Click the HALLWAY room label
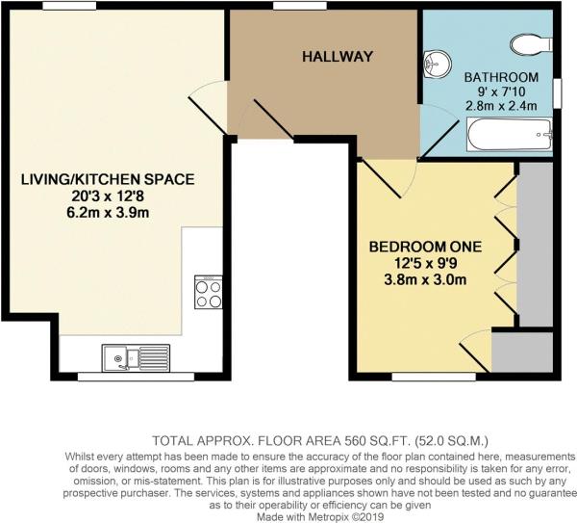tap(337, 57)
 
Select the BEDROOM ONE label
tap(425, 247)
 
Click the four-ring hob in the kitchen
tap(209, 292)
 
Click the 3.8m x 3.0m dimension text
tap(425, 281)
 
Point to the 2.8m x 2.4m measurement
tap(502, 106)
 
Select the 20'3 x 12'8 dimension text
tap(107, 196)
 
